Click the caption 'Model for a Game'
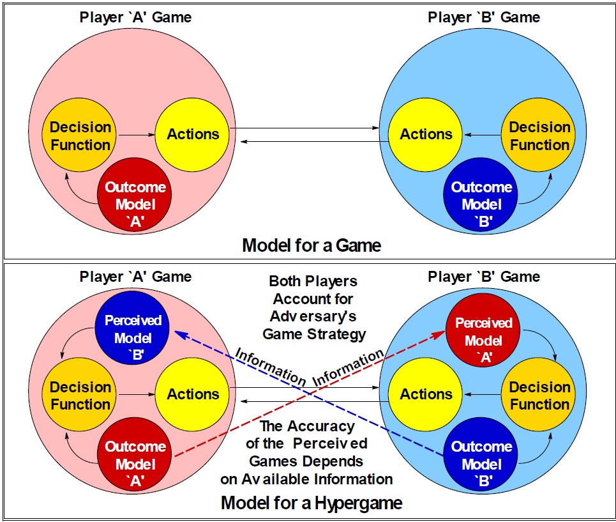pos(311,245)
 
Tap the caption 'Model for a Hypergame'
pos(311,503)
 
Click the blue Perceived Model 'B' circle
pos(133,328)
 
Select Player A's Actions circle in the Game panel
pos(193,134)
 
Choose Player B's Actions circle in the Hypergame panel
pos(426,395)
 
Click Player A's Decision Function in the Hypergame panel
pos(80,395)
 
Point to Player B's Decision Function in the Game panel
pos(539,135)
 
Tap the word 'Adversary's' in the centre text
pos(312,317)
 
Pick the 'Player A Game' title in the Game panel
pos(135,17)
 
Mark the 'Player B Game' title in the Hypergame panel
pos(484,277)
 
